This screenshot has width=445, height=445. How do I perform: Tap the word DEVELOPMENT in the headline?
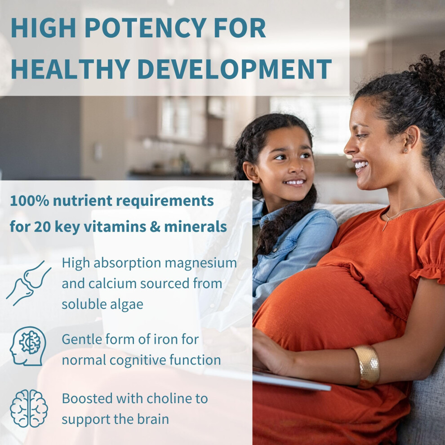pyautogui.click(x=235, y=69)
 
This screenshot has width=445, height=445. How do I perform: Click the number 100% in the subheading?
pyautogui.click(x=30, y=200)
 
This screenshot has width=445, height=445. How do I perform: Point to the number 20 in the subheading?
pyautogui.click(x=42, y=227)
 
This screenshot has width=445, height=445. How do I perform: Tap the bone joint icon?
pyautogui.click(x=28, y=283)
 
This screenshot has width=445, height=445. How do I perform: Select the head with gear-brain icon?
pyautogui.click(x=28, y=346)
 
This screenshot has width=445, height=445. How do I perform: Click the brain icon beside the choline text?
pyautogui.click(x=29, y=409)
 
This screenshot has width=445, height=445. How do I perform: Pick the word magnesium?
pyautogui.click(x=200, y=263)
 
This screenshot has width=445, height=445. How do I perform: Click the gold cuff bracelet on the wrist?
pyautogui.click(x=367, y=366)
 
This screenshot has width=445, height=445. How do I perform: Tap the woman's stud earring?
pyautogui.click(x=406, y=150)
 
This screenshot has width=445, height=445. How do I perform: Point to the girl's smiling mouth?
pyautogui.click(x=295, y=182)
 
